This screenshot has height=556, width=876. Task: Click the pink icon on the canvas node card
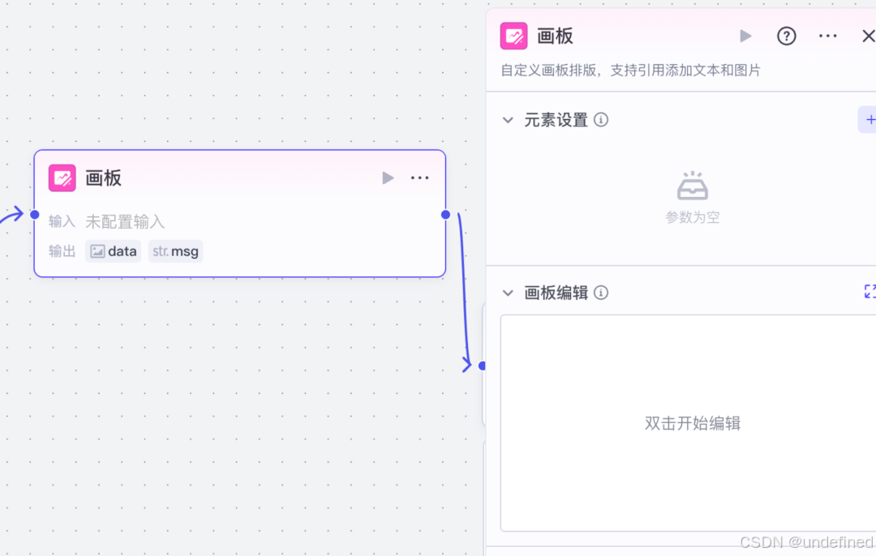[62, 178]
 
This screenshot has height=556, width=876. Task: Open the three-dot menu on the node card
[419, 178]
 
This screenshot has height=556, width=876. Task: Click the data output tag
[114, 251]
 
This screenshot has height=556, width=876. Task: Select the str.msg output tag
[175, 251]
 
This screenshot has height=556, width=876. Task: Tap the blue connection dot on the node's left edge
[35, 214]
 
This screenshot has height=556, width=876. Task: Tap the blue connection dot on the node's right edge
[445, 214]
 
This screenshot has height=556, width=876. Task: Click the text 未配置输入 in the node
[125, 221]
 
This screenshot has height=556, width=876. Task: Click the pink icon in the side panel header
[513, 36]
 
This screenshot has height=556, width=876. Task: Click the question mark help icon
[786, 36]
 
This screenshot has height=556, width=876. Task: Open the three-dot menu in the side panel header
[827, 36]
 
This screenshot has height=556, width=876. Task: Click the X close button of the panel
[869, 36]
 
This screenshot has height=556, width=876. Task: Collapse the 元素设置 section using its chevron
[508, 120]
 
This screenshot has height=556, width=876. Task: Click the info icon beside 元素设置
[601, 119]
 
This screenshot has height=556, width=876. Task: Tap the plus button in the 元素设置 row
[869, 119]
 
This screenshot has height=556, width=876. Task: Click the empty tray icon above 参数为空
[693, 186]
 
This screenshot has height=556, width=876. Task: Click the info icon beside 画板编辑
[601, 293]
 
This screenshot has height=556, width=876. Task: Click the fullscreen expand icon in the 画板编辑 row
[870, 292]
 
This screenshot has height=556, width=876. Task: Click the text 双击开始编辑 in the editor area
[693, 423]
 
